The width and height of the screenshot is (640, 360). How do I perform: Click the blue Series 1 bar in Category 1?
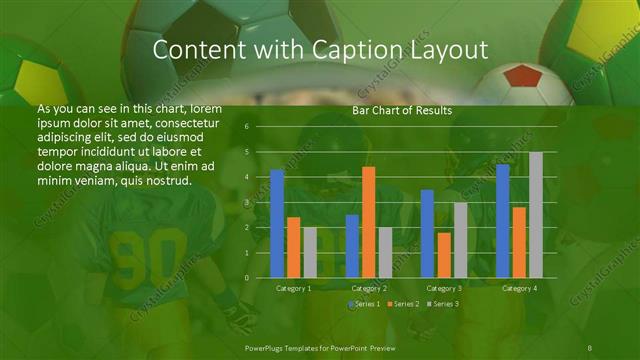pos(277,224)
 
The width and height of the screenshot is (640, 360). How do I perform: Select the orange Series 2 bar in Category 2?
pos(368,222)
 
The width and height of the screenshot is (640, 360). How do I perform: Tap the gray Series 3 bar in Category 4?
pos(536,215)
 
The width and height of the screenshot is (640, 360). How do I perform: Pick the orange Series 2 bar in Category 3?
pos(443,255)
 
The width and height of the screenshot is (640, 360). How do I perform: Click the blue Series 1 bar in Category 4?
pos(502,221)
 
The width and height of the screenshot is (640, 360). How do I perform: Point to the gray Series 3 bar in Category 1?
pos(310,252)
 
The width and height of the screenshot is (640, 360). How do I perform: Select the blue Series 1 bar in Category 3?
pos(427,234)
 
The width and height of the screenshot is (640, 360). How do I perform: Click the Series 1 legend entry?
pos(364,303)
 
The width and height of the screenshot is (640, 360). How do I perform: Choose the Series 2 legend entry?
pos(402,303)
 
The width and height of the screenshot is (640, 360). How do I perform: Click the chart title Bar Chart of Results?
pos(401,111)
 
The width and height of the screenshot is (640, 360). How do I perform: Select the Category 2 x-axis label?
pos(369,288)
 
